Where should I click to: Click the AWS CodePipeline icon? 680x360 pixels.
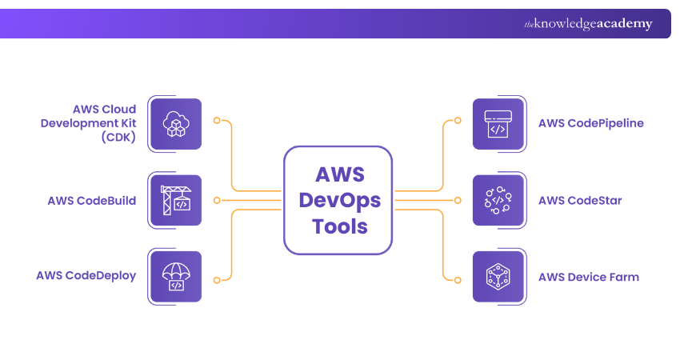(498, 124)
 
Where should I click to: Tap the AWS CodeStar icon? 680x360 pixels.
(498, 201)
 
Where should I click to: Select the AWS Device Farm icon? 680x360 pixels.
(498, 277)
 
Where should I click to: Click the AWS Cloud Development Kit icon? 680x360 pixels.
(174, 124)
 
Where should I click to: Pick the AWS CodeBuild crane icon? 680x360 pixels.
(174, 201)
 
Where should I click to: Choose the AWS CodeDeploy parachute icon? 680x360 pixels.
(174, 277)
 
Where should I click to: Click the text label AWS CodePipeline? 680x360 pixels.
(590, 123)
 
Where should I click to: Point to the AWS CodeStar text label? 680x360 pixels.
(580, 200)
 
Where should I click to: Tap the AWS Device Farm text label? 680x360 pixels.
(588, 277)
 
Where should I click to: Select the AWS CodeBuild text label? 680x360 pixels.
(92, 200)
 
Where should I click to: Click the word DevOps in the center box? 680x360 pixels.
(339, 200)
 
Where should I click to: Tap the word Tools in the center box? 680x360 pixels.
(339, 226)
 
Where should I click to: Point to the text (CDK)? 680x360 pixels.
(118, 137)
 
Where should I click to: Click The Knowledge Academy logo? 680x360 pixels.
(588, 24)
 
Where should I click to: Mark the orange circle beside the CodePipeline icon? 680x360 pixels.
(458, 121)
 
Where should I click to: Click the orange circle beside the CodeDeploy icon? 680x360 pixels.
(216, 281)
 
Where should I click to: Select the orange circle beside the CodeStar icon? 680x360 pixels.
(458, 200)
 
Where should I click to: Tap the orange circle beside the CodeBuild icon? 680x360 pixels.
(216, 200)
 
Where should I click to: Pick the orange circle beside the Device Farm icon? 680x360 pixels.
(458, 281)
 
